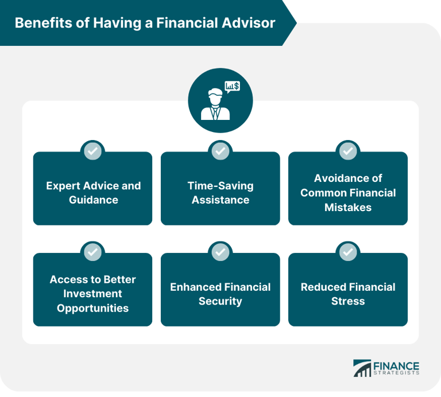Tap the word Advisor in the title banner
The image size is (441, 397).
(250, 23)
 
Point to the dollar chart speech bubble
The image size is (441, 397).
(232, 87)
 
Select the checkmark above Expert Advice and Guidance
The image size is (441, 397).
(92, 151)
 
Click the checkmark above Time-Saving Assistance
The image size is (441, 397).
(220, 151)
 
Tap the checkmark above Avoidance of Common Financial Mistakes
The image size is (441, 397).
(347, 151)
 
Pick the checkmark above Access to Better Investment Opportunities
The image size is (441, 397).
(92, 252)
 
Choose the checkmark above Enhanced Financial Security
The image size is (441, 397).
(220, 252)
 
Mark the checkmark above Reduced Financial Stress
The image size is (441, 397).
(347, 252)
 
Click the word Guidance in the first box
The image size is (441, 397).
(93, 200)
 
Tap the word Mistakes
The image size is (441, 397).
(348, 208)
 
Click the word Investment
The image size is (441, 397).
(93, 294)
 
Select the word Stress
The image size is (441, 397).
(348, 301)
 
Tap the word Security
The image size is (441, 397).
(220, 301)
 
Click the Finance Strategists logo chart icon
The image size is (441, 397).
(362, 368)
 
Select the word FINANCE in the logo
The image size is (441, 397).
(396, 366)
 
